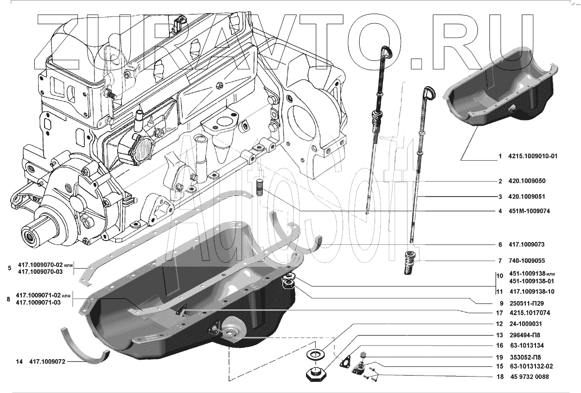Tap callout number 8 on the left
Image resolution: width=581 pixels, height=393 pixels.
pyautogui.click(x=8, y=299)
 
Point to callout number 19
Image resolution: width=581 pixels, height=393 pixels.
pyautogui.click(x=499, y=356)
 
